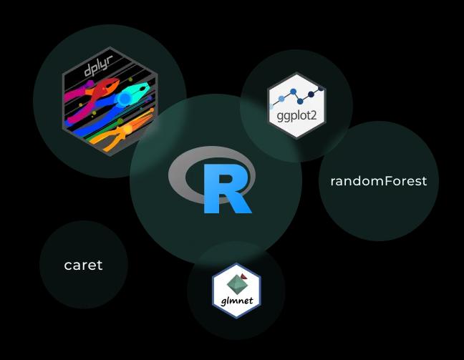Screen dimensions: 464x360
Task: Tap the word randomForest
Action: point(379,181)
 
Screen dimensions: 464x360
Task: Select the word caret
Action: point(83,265)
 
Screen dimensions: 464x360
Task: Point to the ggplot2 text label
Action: point(297,115)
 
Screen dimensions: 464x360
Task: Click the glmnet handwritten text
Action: point(237,301)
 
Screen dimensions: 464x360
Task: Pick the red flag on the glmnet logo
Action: point(244,276)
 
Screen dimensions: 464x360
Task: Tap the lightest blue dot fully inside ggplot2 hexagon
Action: point(281,99)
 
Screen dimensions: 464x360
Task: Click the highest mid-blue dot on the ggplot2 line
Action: point(294,92)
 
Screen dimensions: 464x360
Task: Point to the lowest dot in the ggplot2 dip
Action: point(300,102)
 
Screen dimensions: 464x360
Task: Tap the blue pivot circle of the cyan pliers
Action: point(124,98)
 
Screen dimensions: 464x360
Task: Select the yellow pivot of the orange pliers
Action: point(128,129)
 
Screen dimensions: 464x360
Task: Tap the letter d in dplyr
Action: point(87,71)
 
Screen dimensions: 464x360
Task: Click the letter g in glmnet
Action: point(223,302)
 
